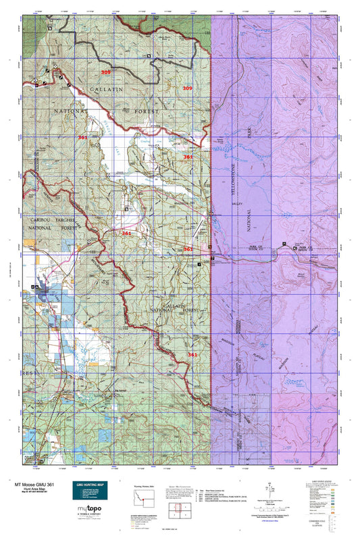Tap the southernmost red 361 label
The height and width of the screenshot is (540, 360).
[192, 354]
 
